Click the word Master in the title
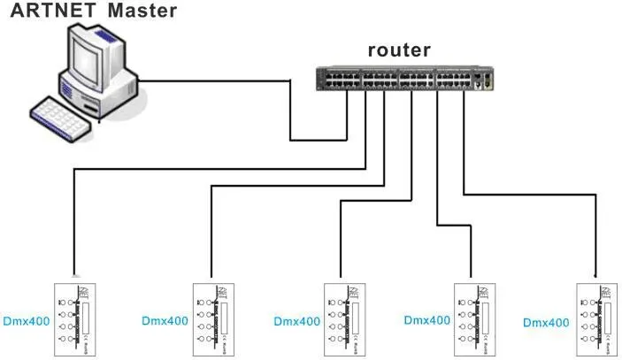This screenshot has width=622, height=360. (142, 11)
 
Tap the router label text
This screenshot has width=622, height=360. (399, 50)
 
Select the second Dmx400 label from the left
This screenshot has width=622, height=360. (165, 320)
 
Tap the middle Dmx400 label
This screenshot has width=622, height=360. (296, 321)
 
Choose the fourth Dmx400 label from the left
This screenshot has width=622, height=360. (427, 320)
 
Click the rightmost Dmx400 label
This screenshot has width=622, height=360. (548, 321)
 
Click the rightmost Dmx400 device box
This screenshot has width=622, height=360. (598, 318)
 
